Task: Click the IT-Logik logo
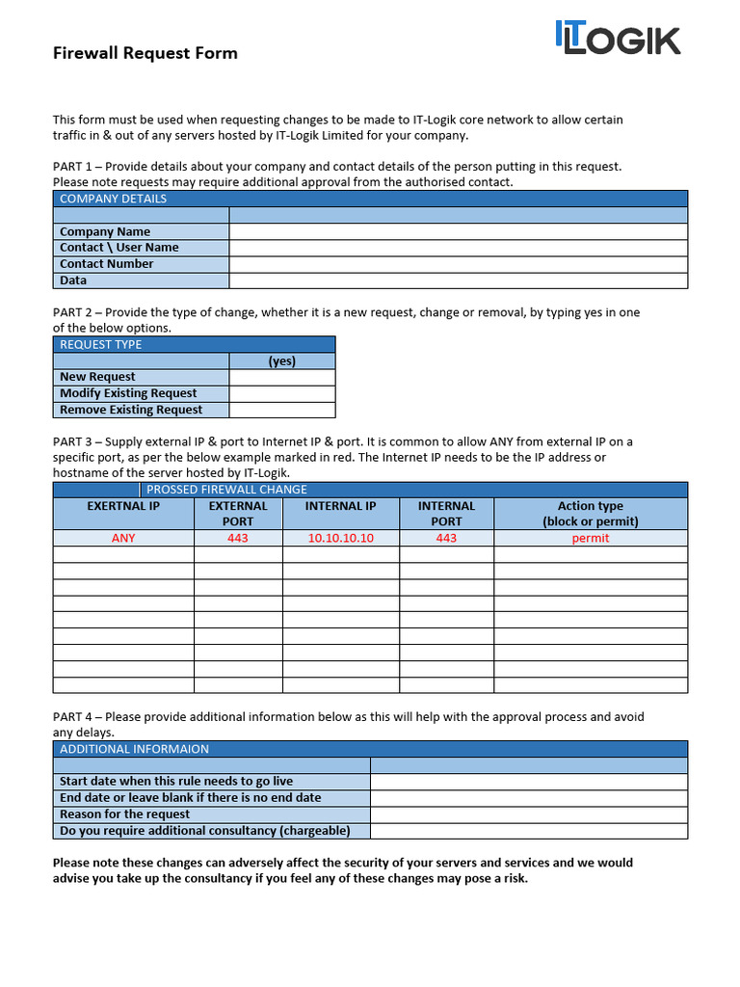tap(617, 38)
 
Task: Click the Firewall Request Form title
tap(145, 53)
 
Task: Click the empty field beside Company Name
tap(458, 231)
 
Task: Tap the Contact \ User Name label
tap(119, 248)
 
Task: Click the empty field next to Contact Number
tap(458, 264)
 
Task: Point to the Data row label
tap(73, 280)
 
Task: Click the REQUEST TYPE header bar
tap(194, 344)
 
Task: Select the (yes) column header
tap(281, 361)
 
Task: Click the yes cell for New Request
tap(281, 377)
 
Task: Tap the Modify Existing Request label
tap(128, 393)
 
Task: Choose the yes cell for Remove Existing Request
tap(281, 410)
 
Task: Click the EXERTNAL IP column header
tap(123, 506)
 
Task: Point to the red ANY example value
tap(123, 538)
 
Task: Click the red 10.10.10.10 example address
tap(341, 538)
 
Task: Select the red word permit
tap(591, 538)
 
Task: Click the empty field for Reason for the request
tap(529, 814)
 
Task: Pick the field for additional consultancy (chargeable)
tap(529, 831)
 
